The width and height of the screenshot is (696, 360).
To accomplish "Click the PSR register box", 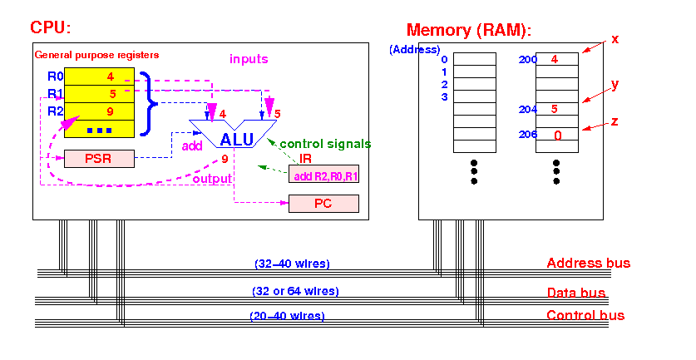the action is [99, 159].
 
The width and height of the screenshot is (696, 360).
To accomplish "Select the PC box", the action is [323, 204].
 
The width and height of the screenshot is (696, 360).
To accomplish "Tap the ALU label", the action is [237, 140].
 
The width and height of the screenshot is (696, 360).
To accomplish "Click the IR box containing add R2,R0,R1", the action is [323, 174].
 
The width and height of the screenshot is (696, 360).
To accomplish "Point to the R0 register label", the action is [56, 76].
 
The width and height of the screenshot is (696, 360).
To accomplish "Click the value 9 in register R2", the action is [110, 111].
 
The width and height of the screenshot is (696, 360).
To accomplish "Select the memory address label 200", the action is [528, 60].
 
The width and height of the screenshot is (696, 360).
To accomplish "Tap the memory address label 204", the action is [528, 109].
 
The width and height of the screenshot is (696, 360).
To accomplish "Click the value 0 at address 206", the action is [558, 136].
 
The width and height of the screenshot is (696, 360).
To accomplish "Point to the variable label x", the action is [615, 40].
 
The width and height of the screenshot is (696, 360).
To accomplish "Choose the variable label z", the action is [615, 121].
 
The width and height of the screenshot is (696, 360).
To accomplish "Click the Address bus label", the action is [589, 263].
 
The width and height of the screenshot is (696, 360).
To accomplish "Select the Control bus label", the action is [585, 315].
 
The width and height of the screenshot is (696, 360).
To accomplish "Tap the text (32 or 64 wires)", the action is [296, 291].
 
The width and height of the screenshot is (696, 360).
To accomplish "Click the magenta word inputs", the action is [249, 59].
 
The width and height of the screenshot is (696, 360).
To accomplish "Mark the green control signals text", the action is [325, 144].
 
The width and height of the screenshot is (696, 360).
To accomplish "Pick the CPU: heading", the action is [51, 27].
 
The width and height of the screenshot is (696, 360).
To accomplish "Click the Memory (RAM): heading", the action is [469, 30].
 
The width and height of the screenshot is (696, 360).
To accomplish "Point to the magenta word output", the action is [212, 179].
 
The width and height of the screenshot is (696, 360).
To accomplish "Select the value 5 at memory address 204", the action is [554, 109].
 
